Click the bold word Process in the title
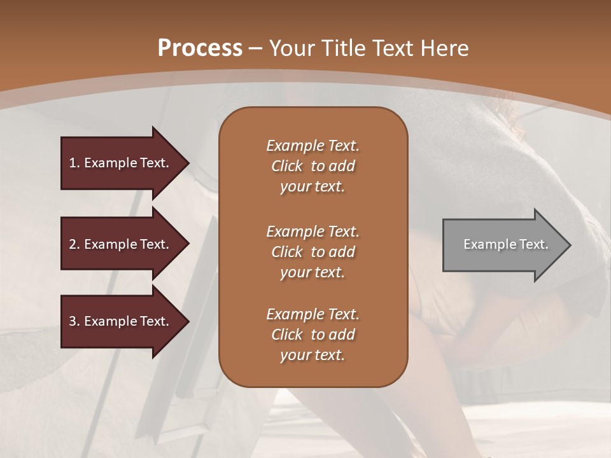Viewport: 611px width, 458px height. coord(200,48)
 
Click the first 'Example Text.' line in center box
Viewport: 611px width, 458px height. coord(313,146)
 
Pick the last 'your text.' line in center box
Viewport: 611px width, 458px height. coord(313,355)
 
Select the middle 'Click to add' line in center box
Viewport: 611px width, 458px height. coord(313,252)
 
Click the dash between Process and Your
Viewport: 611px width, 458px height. coord(256,48)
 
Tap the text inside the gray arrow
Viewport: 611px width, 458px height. coord(505,244)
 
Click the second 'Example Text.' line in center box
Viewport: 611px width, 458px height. coord(313,232)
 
